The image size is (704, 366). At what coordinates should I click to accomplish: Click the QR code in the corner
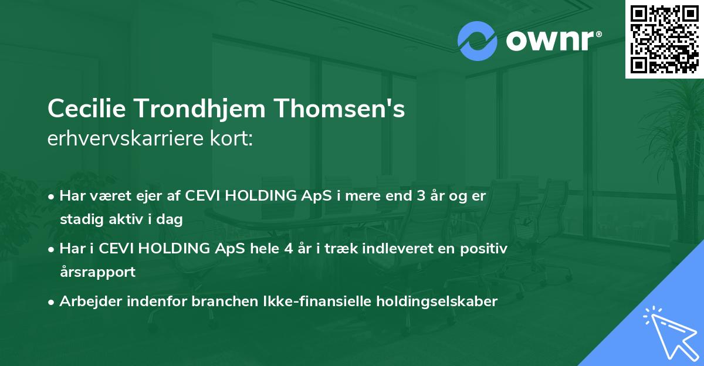tap(665, 39)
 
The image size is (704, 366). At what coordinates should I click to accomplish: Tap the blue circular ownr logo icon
tap(478, 41)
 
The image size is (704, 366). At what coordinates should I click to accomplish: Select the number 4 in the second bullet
tap(287, 249)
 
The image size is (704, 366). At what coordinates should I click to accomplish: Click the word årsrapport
tap(97, 272)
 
